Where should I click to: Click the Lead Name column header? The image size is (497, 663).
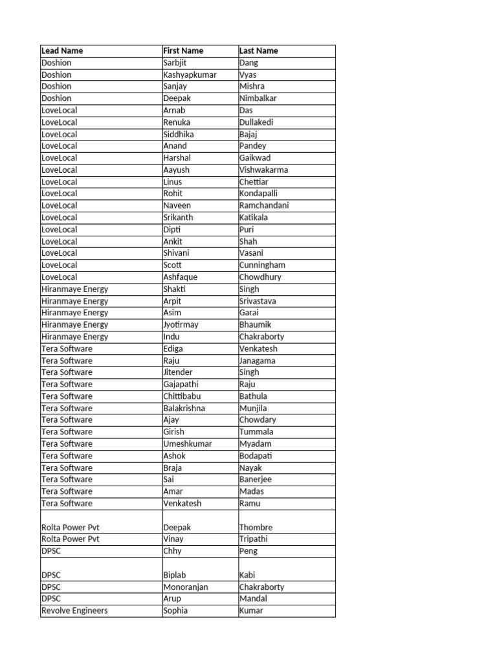[62, 51]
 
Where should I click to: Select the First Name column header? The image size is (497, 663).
[183, 51]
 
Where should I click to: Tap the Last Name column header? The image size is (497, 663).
[259, 51]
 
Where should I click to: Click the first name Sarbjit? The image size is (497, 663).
[175, 63]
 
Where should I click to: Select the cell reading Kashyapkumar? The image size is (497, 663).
[190, 74]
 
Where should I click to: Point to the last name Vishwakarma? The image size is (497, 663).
[263, 170]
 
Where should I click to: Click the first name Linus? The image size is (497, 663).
[173, 182]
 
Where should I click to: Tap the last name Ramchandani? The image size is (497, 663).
[264, 205]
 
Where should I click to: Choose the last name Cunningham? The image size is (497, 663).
[262, 265]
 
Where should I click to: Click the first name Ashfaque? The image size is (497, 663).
[181, 277]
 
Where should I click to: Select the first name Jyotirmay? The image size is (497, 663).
[181, 324]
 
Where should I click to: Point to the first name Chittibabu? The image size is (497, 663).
[182, 396]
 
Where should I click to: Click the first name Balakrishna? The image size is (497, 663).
[184, 408]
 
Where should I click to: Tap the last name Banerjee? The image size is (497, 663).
[256, 479]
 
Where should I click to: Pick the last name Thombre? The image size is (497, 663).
[256, 527]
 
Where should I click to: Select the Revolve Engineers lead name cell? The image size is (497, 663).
[74, 611]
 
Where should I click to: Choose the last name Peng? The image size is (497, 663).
[248, 551]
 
